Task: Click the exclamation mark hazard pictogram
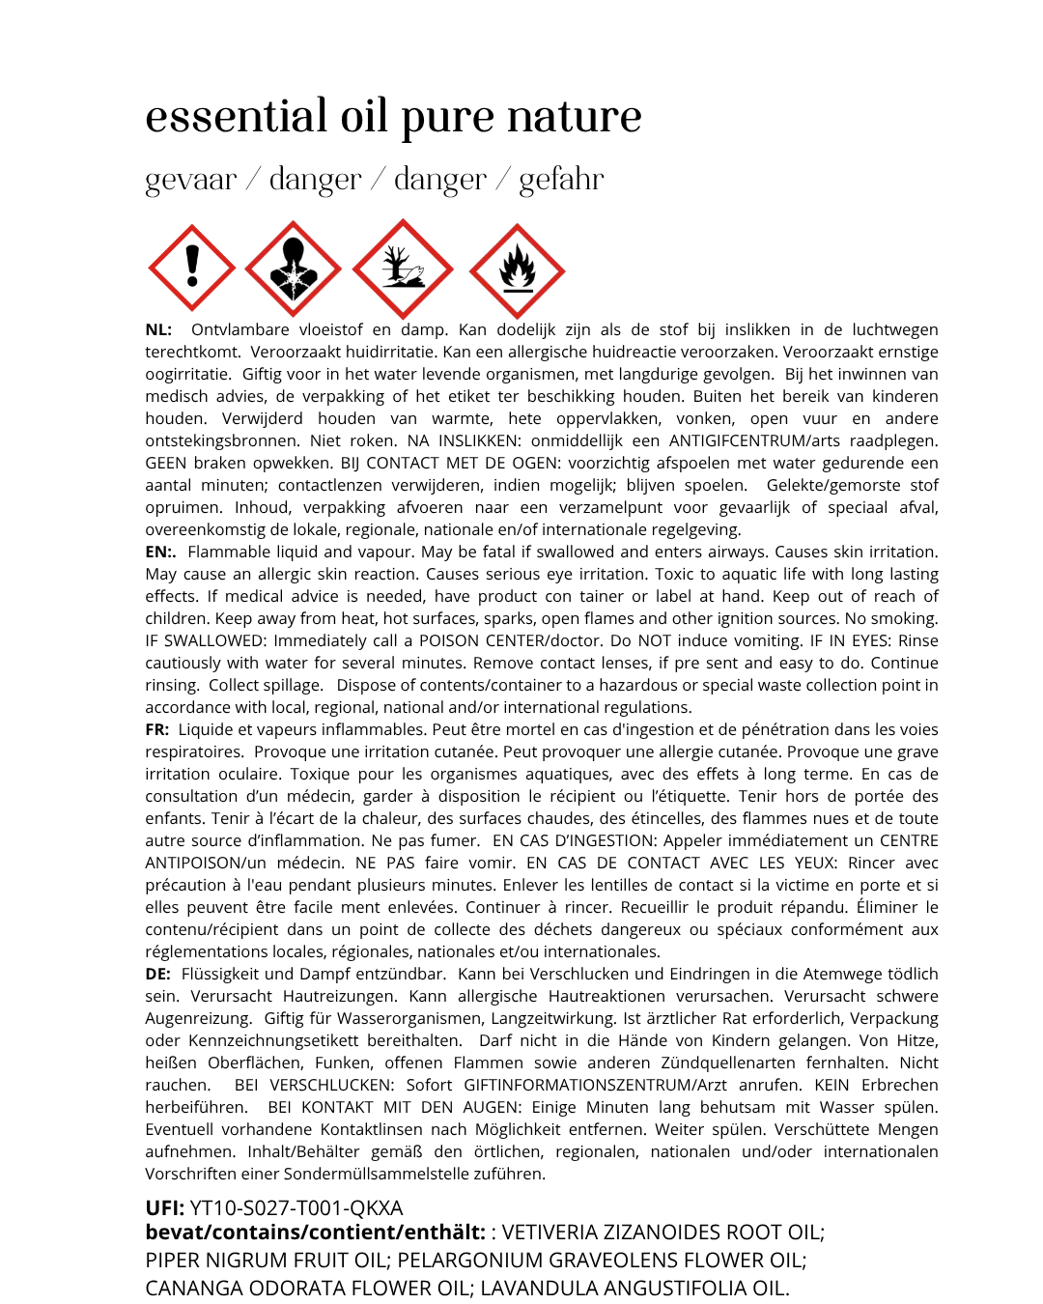click(x=192, y=269)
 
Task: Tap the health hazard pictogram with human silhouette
click(x=293, y=269)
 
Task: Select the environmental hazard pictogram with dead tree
click(x=403, y=269)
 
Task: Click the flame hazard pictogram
click(x=517, y=270)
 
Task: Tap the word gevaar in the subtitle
click(x=191, y=180)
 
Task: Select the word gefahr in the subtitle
click(x=561, y=180)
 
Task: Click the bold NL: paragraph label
click(x=158, y=329)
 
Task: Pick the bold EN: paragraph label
click(x=160, y=552)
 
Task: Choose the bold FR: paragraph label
click(x=157, y=729)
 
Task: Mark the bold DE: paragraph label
click(x=158, y=974)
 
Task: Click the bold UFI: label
click(x=165, y=1207)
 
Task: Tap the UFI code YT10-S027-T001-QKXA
click(x=296, y=1207)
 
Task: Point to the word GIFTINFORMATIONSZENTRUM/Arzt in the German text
click(x=595, y=1085)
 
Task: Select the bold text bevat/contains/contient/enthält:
click(x=315, y=1233)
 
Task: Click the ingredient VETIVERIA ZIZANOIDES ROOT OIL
click(x=662, y=1233)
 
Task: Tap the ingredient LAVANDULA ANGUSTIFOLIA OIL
click(x=634, y=1288)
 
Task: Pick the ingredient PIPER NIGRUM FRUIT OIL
click(x=268, y=1260)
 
